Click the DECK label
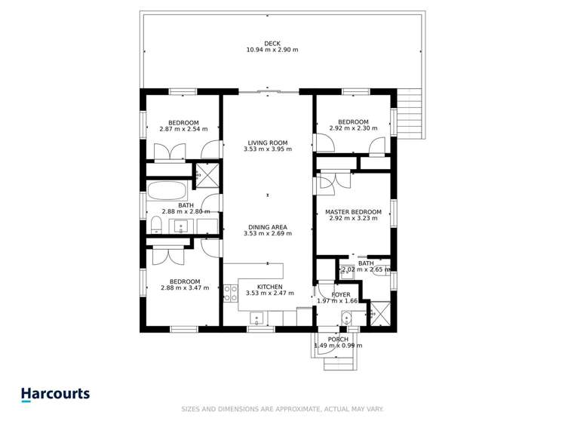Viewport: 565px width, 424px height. (272, 44)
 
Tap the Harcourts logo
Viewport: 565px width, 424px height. (56, 394)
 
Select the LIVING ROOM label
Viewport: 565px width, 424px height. (268, 143)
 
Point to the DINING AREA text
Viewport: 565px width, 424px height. (268, 227)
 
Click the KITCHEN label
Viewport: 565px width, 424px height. (269, 287)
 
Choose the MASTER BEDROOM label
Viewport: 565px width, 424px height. (353, 212)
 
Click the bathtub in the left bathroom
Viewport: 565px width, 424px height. (167, 190)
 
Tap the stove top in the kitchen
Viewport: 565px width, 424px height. (231, 293)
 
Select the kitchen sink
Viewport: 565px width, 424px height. (257, 318)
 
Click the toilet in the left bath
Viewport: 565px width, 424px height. (156, 225)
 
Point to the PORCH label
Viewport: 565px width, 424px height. (338, 340)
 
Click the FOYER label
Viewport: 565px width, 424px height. (340, 295)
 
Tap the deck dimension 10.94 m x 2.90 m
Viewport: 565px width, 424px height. (272, 50)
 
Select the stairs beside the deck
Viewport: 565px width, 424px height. (409, 114)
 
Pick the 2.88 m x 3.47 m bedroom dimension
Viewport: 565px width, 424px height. (185, 288)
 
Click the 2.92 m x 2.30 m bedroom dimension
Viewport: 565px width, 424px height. (354, 128)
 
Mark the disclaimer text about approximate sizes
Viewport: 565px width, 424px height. (282, 409)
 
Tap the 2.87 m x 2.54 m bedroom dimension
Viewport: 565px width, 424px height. (183, 129)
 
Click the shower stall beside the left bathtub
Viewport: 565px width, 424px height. (207, 176)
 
